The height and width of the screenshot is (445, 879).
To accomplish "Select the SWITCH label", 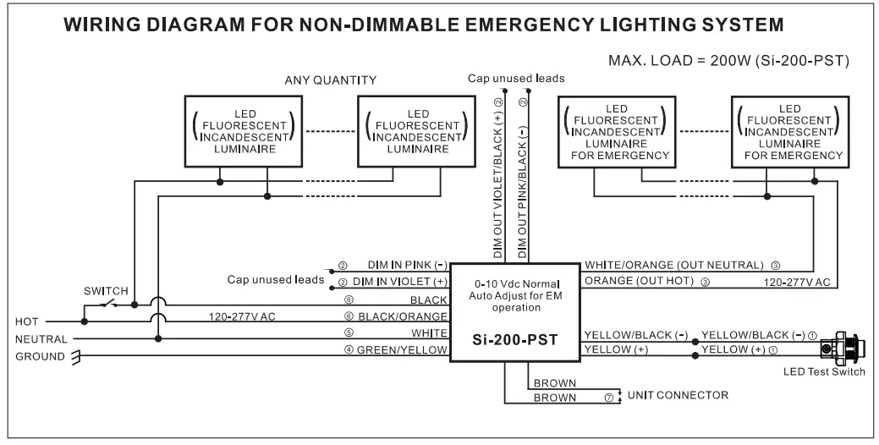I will [x=106, y=291].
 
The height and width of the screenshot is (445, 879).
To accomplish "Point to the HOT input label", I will [x=28, y=322].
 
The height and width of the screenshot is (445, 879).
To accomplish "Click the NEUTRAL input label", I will [x=40, y=339].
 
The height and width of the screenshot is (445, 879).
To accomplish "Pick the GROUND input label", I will [x=39, y=356].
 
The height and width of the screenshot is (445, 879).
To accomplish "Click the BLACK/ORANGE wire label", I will [x=408, y=316].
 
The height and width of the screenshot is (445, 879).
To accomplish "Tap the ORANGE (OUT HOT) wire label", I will [x=640, y=281].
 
